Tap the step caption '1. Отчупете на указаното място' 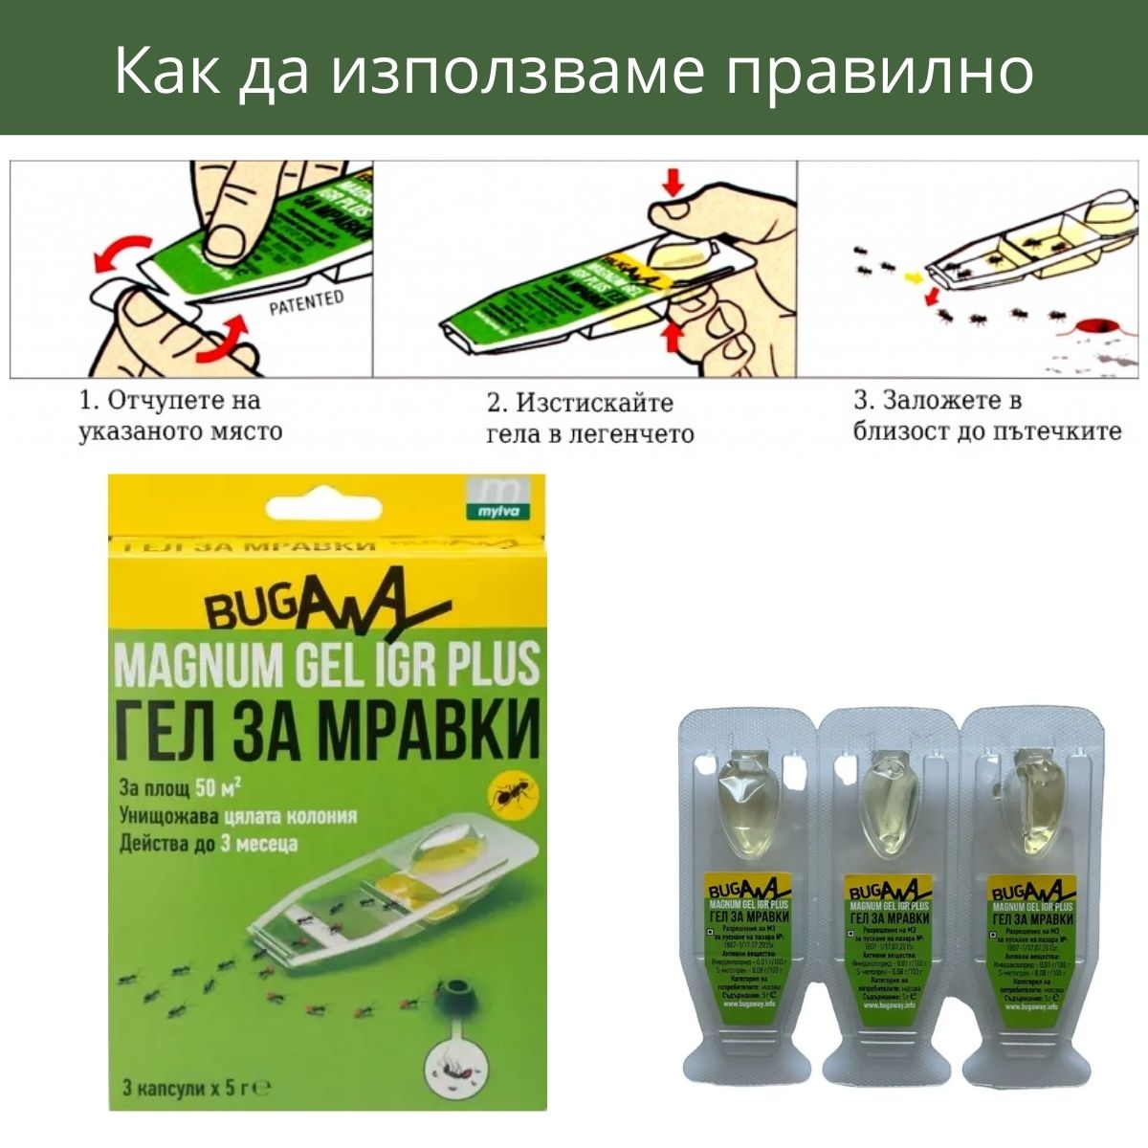181,415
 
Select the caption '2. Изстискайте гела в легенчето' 589,418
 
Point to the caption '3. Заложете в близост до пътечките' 986,415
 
